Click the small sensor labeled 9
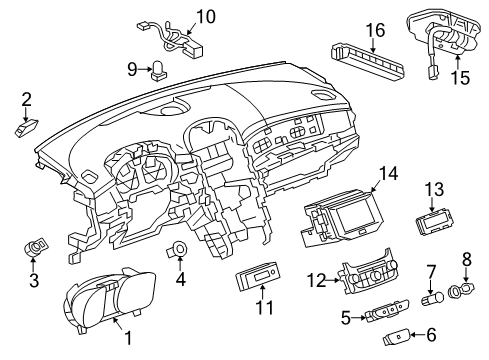click(159, 69)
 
